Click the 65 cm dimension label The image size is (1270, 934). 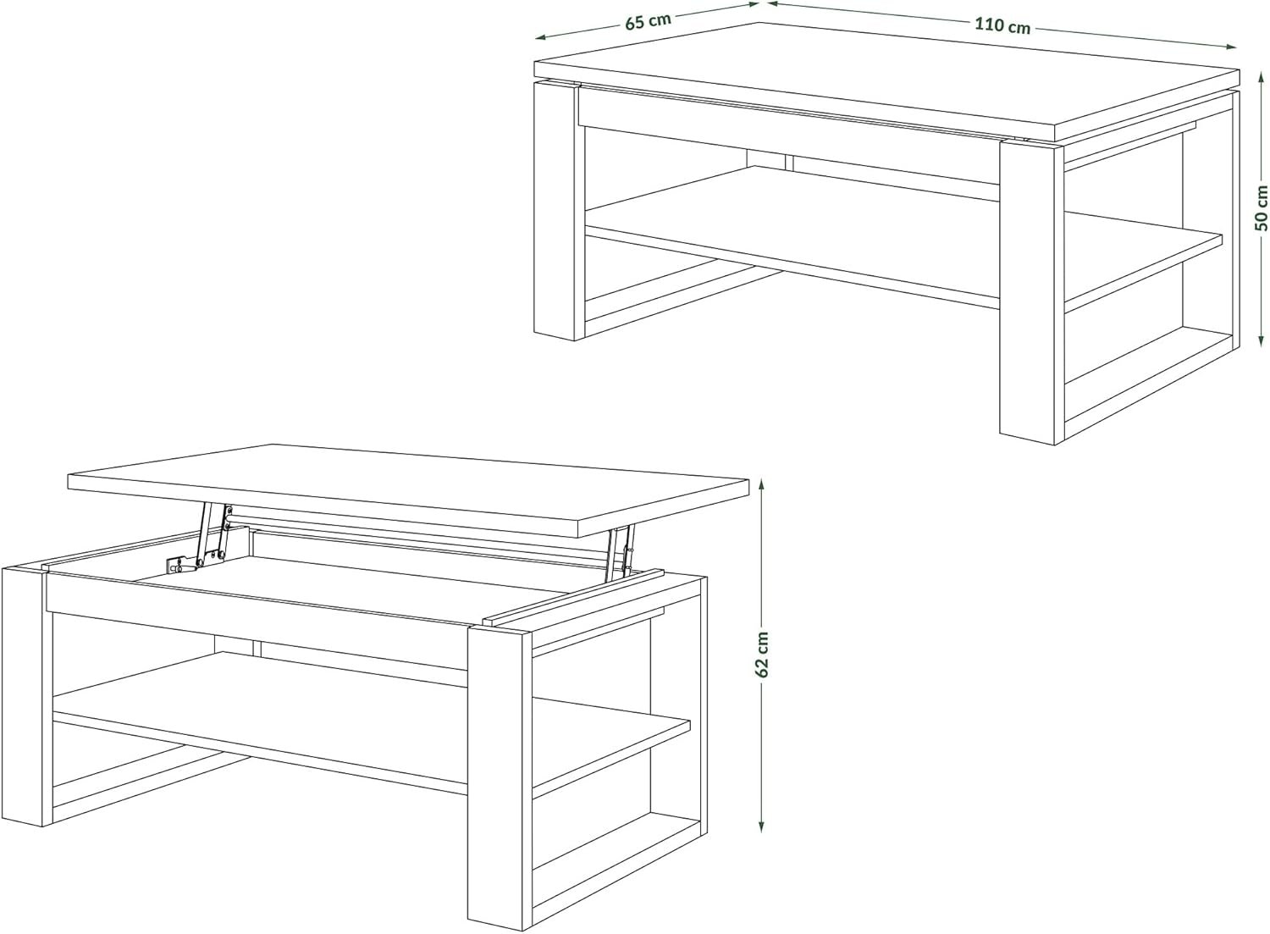[648, 21]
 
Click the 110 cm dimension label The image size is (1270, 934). [1002, 25]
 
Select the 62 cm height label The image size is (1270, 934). [762, 654]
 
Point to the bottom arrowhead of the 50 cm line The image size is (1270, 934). [1262, 338]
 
